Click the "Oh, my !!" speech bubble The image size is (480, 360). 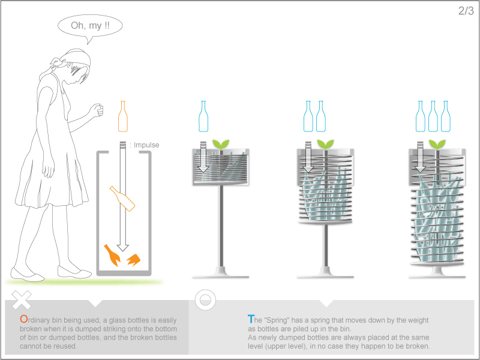pos(90,26)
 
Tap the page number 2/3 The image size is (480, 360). pos(466,11)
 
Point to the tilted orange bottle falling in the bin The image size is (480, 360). pos(122,198)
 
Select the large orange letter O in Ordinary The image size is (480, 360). pos(24,319)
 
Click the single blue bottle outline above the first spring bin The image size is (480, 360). pos(203,116)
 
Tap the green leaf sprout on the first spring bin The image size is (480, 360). pos(221,144)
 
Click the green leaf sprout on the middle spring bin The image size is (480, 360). pos(325,144)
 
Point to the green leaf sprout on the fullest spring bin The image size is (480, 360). pos(437,144)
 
